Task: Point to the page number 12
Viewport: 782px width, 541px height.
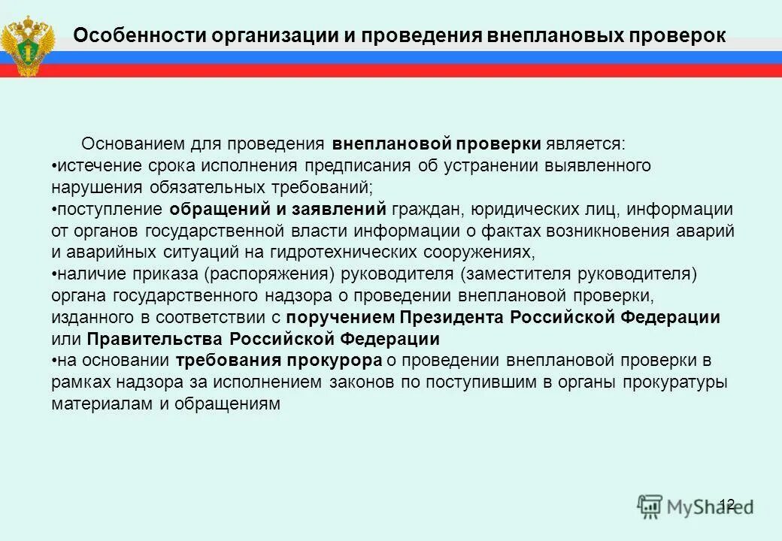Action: (x=726, y=503)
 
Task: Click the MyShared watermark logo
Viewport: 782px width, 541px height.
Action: (x=695, y=505)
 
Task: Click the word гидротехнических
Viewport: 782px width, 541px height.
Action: (x=317, y=252)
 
